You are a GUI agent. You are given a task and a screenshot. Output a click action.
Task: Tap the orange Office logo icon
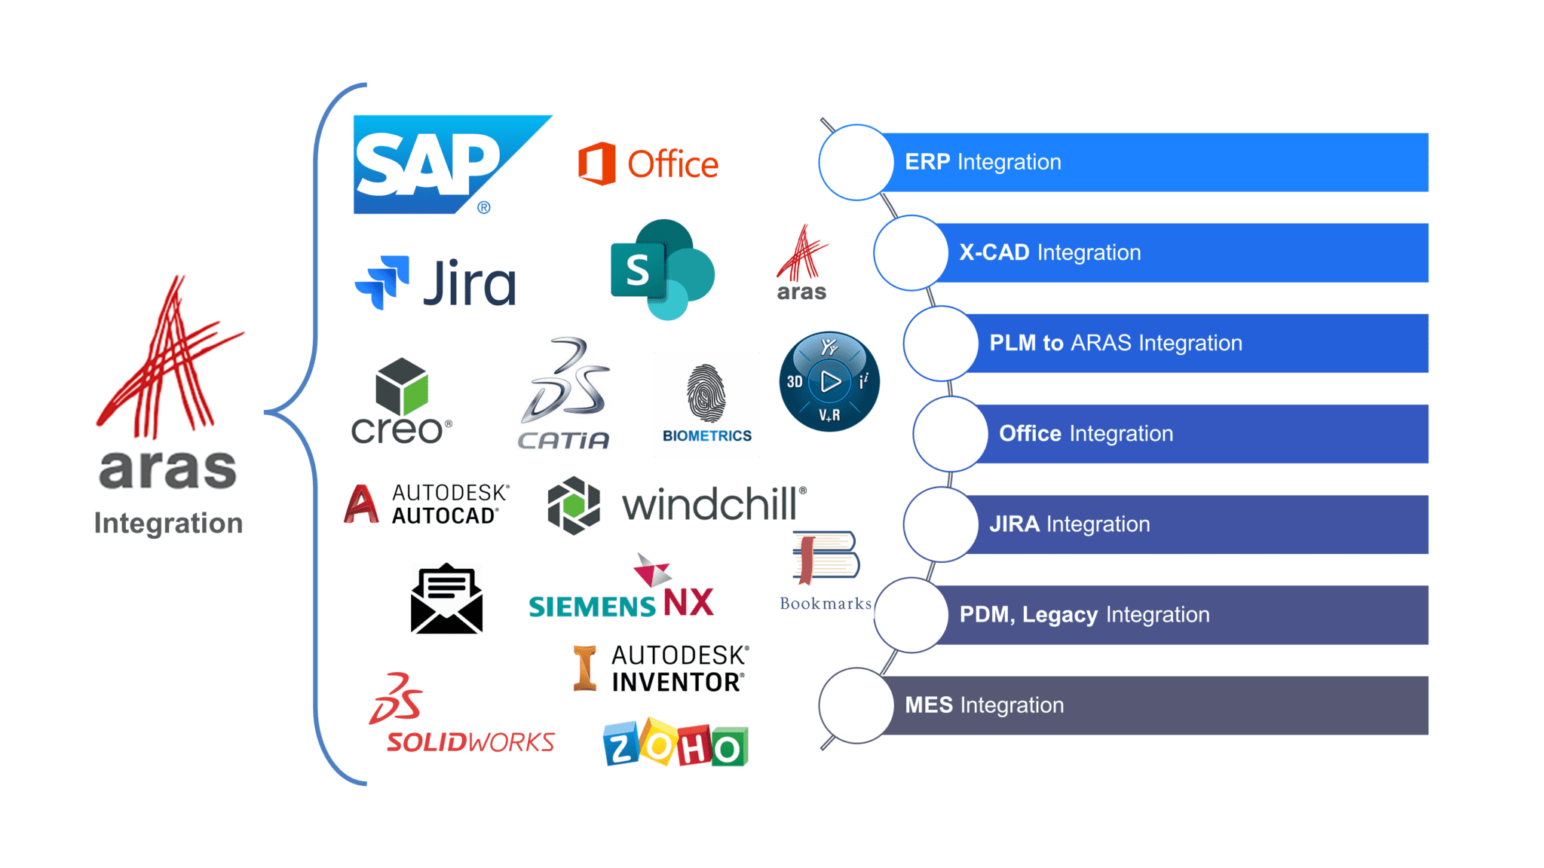tap(596, 164)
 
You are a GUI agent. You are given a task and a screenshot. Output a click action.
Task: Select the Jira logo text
tap(469, 283)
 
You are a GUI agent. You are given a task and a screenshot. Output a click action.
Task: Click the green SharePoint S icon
tap(638, 270)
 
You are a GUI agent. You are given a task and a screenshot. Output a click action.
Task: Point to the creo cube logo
tap(402, 387)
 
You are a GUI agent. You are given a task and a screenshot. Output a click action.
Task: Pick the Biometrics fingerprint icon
tap(706, 393)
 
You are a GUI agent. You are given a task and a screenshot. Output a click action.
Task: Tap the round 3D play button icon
tap(829, 381)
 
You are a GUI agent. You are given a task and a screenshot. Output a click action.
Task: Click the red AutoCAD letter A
tap(361, 504)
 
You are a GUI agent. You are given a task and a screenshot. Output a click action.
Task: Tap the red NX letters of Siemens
tap(688, 603)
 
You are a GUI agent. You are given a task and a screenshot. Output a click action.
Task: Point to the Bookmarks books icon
tap(825, 558)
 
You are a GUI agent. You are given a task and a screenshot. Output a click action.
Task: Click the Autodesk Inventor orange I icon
tap(584, 668)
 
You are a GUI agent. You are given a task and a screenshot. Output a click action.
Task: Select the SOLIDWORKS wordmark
tap(470, 742)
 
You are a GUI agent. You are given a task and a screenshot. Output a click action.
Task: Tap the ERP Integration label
tap(982, 162)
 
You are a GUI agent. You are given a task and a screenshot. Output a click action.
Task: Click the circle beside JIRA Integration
tap(940, 524)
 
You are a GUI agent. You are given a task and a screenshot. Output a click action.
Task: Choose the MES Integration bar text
tap(984, 705)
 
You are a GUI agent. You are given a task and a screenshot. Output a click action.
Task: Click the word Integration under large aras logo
tap(168, 523)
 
